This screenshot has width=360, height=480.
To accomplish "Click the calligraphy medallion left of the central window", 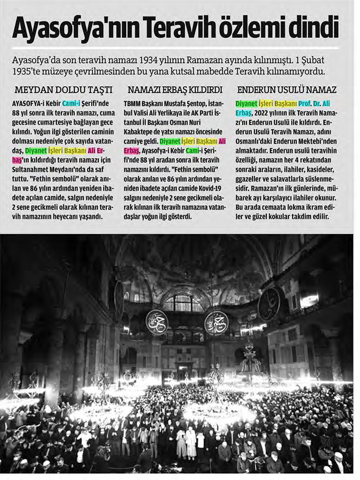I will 156,321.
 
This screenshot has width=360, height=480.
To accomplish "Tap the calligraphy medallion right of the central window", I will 216,322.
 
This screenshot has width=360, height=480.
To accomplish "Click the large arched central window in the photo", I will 183,303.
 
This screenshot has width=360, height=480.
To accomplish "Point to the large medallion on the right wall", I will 270,304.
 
